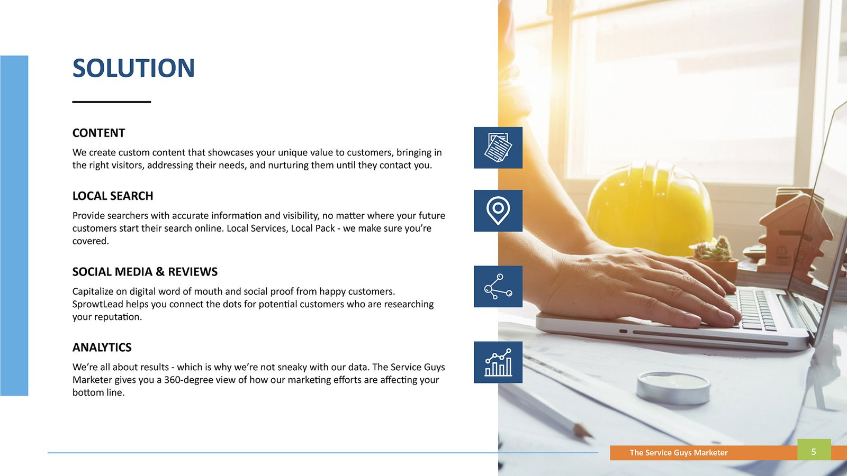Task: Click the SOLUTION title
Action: click(133, 68)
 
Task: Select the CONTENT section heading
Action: click(98, 133)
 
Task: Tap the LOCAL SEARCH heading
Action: click(113, 196)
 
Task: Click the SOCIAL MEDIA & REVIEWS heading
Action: click(145, 272)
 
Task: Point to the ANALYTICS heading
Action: click(102, 347)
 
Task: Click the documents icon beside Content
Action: click(498, 148)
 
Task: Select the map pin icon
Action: click(498, 211)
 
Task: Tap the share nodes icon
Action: click(498, 286)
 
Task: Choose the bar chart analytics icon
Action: click(498, 362)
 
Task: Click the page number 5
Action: click(814, 452)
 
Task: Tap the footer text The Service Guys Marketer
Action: click(678, 453)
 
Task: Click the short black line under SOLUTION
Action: click(112, 102)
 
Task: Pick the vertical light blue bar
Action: click(14, 225)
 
